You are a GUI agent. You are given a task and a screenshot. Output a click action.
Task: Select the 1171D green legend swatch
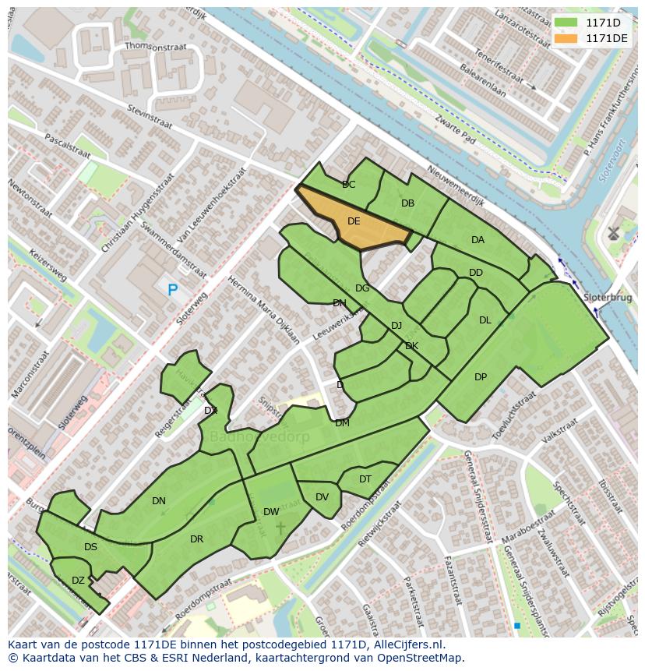coord(566,22)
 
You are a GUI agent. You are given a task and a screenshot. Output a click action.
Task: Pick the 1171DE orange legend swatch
coord(566,37)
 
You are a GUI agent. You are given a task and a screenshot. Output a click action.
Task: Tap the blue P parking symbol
coord(172,290)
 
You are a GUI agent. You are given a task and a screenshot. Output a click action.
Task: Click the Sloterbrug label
coord(608,298)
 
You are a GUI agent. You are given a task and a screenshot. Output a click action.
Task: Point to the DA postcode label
coord(478,240)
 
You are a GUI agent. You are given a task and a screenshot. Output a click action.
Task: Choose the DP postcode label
coord(481,377)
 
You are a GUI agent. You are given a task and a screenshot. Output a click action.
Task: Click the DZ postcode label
coord(78,581)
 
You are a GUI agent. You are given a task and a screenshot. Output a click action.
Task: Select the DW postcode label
coord(271,512)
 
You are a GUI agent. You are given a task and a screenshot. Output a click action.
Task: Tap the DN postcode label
coord(159,501)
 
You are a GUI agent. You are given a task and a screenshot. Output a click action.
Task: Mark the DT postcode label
coord(365,479)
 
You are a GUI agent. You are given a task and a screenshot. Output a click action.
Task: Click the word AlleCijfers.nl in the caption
coord(406,645)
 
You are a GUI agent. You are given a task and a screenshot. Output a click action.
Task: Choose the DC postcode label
coord(348,185)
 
